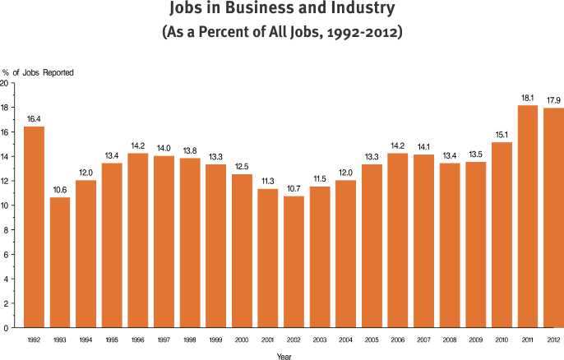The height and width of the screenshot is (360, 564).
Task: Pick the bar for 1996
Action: (138, 240)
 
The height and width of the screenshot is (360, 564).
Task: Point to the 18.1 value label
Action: (528, 97)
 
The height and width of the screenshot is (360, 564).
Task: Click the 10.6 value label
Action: (60, 189)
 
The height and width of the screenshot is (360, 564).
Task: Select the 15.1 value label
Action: (502, 134)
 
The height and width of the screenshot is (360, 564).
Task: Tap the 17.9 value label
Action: (553, 99)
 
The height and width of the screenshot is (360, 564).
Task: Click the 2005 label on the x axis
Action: (372, 339)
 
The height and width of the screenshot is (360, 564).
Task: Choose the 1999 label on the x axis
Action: (215, 339)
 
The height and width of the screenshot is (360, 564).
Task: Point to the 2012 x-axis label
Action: (553, 339)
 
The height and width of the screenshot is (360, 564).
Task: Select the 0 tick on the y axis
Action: (6, 328)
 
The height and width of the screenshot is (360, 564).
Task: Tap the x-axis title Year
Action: (284, 355)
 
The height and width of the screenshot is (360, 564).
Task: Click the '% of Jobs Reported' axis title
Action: (38, 72)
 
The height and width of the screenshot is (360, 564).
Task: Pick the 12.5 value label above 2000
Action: (242, 166)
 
